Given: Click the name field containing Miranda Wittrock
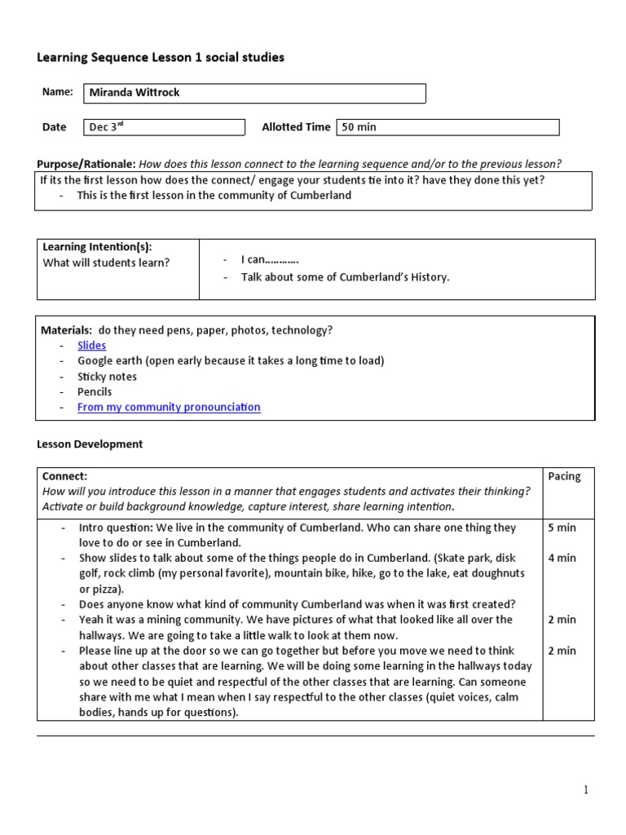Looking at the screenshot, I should click(254, 93).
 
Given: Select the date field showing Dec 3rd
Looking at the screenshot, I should click(164, 126).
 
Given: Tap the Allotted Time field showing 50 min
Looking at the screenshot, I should click(447, 126).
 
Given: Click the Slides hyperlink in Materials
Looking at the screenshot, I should click(91, 345).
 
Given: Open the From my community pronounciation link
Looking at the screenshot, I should click(169, 407).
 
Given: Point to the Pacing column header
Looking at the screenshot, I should click(564, 476).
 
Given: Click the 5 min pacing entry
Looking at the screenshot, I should click(562, 528).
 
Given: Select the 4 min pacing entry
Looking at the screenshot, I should click(562, 558).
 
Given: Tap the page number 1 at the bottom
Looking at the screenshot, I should click(585, 789).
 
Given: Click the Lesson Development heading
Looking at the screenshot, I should click(90, 444).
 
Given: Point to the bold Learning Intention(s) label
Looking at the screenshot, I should click(97, 246).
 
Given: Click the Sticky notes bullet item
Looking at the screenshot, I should click(107, 377).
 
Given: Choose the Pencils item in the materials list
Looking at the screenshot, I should click(95, 391).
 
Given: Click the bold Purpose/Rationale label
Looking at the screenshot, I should click(86, 163).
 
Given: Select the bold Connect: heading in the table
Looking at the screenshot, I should click(64, 476).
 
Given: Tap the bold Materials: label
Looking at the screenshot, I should click(66, 329).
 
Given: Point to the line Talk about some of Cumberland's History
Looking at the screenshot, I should click(345, 276).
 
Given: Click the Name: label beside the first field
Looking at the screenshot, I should click(57, 92).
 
